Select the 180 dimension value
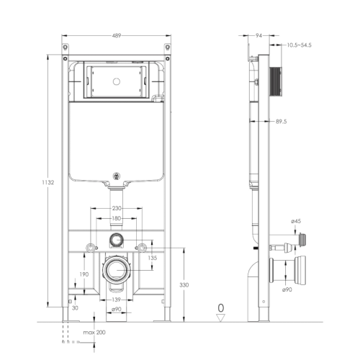[116, 219]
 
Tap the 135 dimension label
[152, 257]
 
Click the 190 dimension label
[84, 274]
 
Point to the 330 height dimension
[192, 286]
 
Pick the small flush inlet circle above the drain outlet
[115, 240]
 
